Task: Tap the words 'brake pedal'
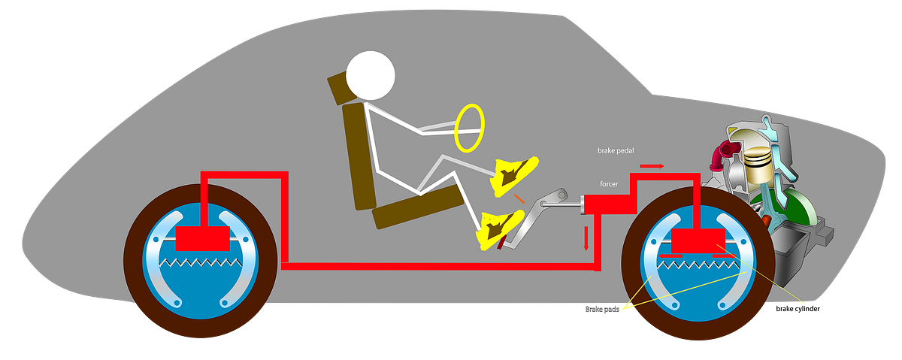[x=617, y=150]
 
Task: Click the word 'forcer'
[x=610, y=184]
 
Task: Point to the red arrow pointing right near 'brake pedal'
[x=652, y=165]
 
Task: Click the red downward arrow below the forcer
[x=586, y=239]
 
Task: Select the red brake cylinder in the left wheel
[x=202, y=238]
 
